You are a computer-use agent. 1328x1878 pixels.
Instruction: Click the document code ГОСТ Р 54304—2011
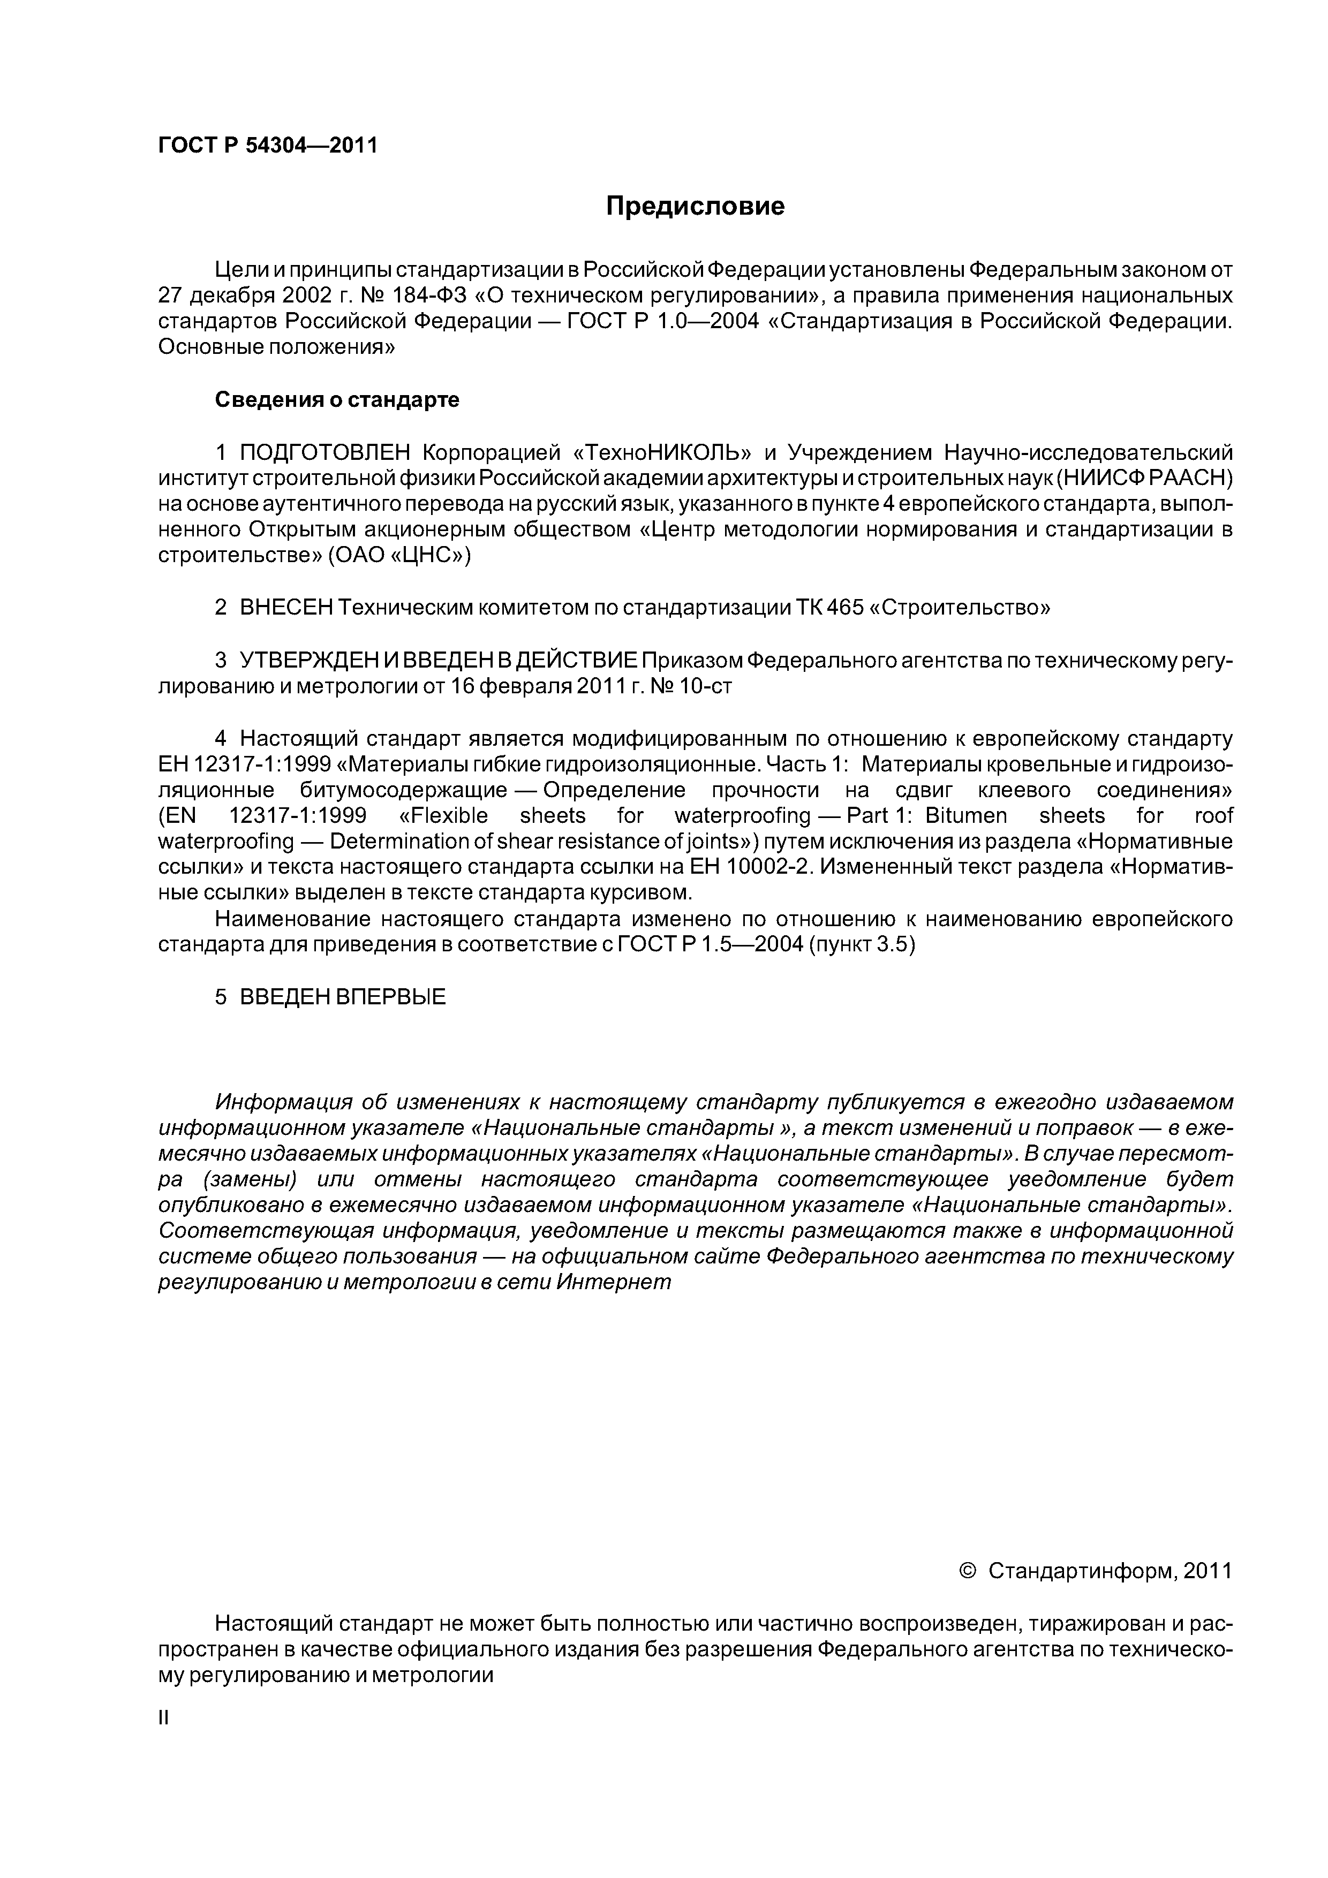point(268,146)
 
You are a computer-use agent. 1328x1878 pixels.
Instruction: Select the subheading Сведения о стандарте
point(337,400)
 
